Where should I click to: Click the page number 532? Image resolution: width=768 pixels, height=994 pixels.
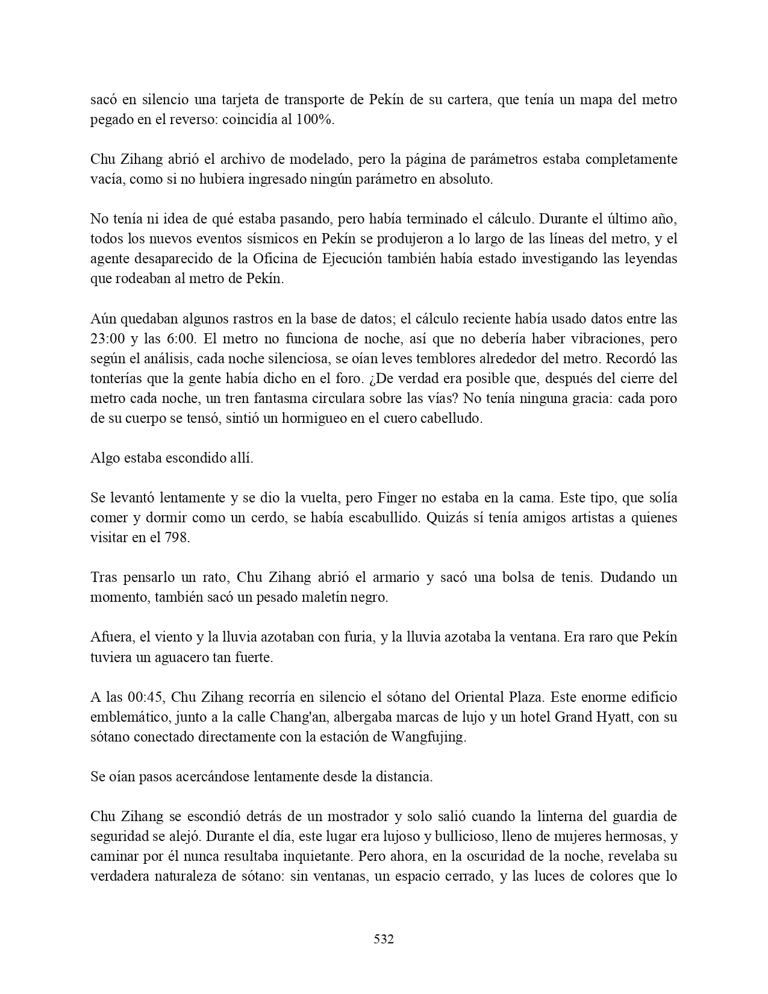click(384, 939)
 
